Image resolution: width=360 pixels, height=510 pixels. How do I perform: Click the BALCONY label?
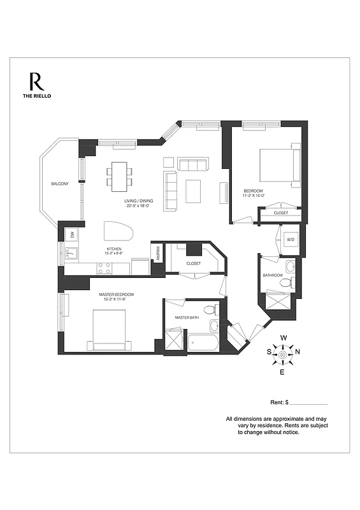(x=60, y=184)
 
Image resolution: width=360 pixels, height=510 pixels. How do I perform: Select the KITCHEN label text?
(x=114, y=249)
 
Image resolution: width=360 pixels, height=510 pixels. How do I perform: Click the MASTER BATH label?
(x=188, y=317)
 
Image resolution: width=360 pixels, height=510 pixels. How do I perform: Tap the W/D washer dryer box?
(x=291, y=240)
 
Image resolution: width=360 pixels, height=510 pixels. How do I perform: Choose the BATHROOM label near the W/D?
(x=273, y=275)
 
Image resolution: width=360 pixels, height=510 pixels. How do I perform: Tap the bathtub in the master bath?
(x=203, y=342)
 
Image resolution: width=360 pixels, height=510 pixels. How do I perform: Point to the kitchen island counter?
(x=119, y=231)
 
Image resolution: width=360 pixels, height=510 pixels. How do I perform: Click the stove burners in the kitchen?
(x=104, y=268)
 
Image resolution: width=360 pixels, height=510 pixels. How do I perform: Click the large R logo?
(x=36, y=82)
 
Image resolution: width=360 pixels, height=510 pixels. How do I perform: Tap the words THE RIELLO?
(x=36, y=96)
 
